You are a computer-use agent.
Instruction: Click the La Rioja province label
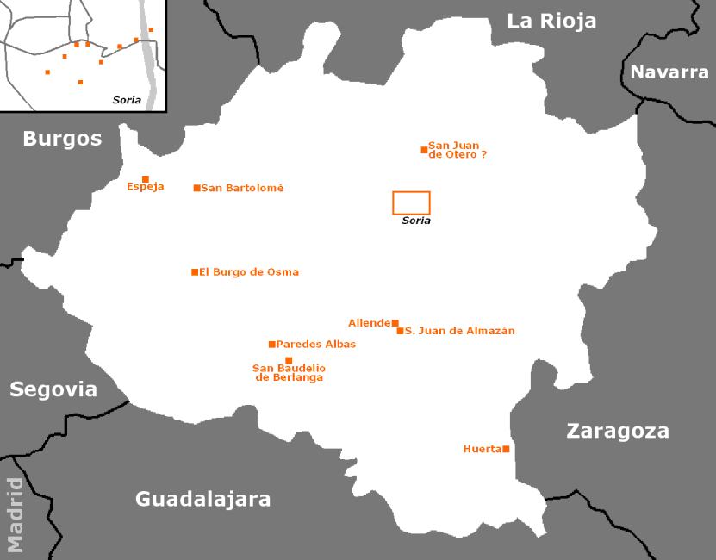[551, 21]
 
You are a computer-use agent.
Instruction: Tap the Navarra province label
[669, 72]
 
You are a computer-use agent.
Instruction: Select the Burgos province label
[62, 139]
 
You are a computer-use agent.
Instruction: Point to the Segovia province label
[53, 389]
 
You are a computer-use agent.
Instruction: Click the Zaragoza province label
[617, 432]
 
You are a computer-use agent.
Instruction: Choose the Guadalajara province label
[203, 499]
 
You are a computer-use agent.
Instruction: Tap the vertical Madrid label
[15, 515]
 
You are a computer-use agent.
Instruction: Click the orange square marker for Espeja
[146, 179]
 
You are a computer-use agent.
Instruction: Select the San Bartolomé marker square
[196, 188]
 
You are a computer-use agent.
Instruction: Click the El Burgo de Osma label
[249, 272]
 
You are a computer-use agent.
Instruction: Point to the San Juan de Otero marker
[424, 150]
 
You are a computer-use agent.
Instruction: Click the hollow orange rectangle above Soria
[411, 202]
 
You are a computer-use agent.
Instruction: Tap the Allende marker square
[395, 323]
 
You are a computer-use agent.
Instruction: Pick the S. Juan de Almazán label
[460, 331]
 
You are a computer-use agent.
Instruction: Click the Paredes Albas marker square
[272, 345]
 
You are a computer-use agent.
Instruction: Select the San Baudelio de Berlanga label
[289, 373]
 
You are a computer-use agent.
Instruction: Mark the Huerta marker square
[506, 449]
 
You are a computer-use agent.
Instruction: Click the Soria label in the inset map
[127, 100]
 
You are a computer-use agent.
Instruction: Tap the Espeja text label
[145, 187]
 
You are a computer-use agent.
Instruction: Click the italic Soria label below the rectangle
[416, 221]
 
